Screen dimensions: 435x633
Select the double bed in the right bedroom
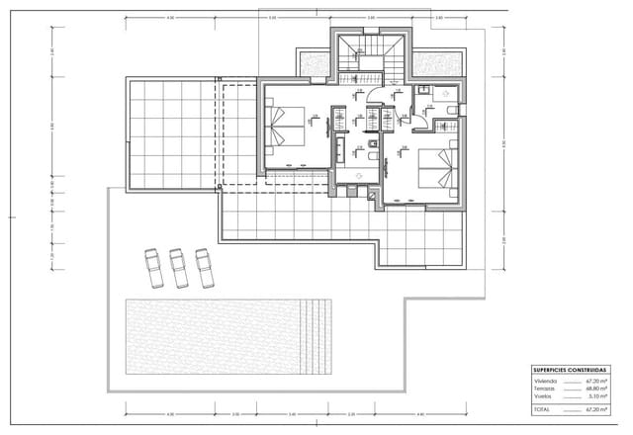point(437,167)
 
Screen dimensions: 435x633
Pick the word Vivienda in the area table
point(545,380)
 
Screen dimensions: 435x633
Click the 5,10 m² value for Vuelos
point(595,395)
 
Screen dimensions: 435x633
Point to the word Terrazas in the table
point(545,388)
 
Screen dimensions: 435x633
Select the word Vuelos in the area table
point(543,395)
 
